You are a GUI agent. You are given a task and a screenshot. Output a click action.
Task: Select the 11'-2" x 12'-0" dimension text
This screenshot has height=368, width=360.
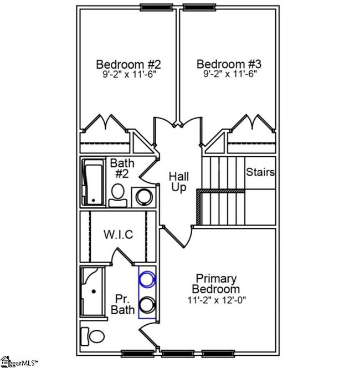pyautogui.click(x=216, y=300)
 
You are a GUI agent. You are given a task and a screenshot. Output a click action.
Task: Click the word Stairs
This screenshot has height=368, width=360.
pyautogui.click(x=260, y=172)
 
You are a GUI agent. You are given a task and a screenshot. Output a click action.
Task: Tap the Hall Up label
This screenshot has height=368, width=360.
pyautogui.click(x=179, y=182)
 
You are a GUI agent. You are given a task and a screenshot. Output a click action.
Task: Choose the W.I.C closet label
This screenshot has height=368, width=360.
pyautogui.click(x=118, y=234)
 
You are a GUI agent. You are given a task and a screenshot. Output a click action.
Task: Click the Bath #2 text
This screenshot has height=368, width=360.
pyautogui.click(x=121, y=168)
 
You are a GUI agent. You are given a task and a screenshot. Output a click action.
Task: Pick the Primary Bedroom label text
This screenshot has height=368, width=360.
pyautogui.click(x=216, y=284)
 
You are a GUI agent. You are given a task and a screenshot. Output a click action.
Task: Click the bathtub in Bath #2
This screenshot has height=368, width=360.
pyautogui.click(x=92, y=183)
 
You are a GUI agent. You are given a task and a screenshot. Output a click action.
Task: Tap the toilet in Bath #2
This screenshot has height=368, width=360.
pyautogui.click(x=117, y=194)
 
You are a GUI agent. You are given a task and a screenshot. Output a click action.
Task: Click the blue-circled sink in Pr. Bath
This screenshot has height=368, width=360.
pyautogui.click(x=147, y=280)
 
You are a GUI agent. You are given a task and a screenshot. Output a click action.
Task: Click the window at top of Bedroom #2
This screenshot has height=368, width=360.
pyautogui.click(x=156, y=7)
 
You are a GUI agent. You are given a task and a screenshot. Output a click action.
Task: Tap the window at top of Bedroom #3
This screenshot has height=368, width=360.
pyautogui.click(x=200, y=7)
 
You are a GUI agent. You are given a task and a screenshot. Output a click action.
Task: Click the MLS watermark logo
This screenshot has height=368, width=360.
pyautogui.click(x=19, y=363)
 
